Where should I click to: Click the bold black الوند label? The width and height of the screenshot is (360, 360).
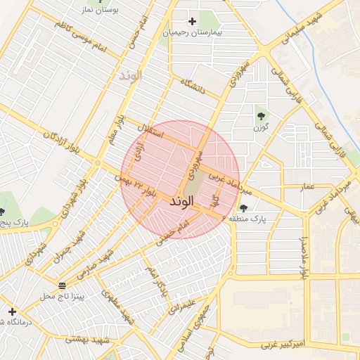(x=181, y=201)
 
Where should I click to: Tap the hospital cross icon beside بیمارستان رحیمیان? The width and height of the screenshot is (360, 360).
(x=192, y=21)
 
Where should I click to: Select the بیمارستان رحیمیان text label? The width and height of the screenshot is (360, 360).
(x=192, y=32)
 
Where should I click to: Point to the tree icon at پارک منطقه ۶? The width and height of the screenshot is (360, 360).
(x=243, y=207)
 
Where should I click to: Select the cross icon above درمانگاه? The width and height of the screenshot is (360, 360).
(x=12, y=310)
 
